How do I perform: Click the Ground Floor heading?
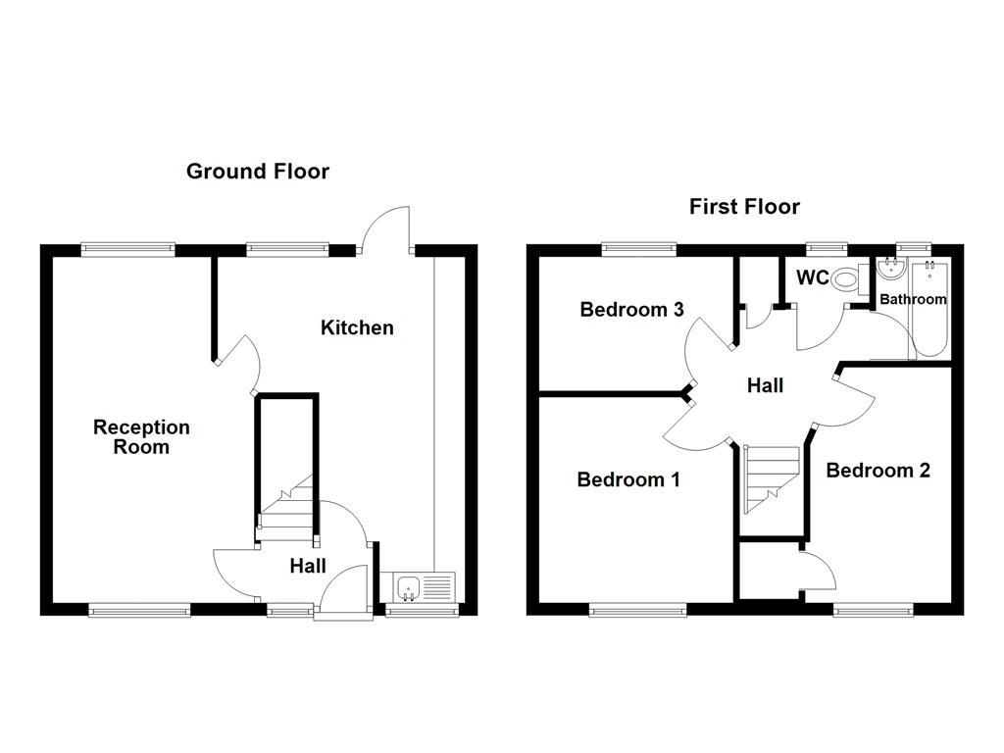257,172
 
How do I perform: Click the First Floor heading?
744,206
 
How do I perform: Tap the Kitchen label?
357,327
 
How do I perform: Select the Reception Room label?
141,437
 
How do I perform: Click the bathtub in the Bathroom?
927,308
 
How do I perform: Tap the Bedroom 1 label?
627,479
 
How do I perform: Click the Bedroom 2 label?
878,471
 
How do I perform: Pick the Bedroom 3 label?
631,310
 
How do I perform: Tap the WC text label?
812,278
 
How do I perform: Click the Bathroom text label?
912,299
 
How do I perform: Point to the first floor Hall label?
765,386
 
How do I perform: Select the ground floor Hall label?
308,566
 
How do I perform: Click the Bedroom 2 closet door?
819,572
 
